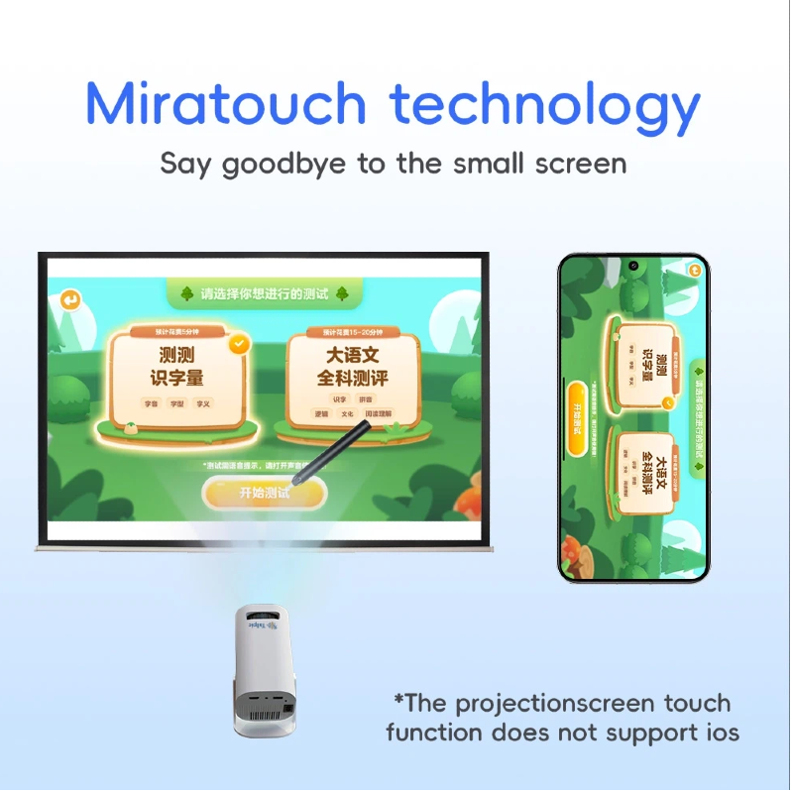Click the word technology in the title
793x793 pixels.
[x=545, y=105]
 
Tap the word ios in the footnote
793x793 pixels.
[x=720, y=734]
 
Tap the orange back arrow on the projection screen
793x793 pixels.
[x=70, y=299]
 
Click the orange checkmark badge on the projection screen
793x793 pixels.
[x=239, y=344]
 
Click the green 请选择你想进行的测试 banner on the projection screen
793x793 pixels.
[x=262, y=293]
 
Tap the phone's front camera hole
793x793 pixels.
[x=631, y=266]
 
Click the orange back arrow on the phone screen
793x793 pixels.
[x=694, y=270]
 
